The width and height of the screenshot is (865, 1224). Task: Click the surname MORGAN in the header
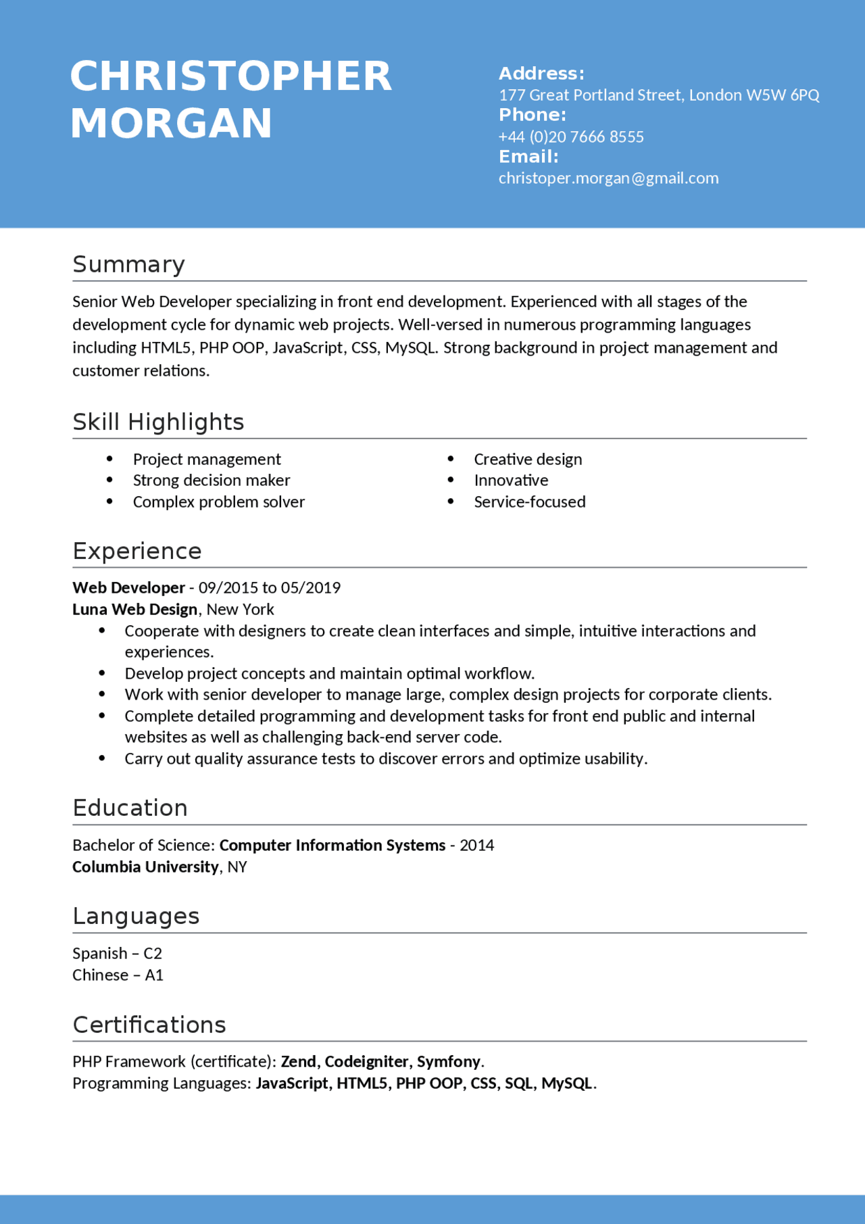pyautogui.click(x=171, y=124)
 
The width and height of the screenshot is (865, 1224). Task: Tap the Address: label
pyautogui.click(x=541, y=74)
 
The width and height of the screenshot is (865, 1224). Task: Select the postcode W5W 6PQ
pyautogui.click(x=783, y=95)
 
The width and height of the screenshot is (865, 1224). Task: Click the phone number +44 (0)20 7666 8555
pyautogui.click(x=571, y=137)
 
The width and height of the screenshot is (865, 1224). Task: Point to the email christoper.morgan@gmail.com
pyautogui.click(x=608, y=178)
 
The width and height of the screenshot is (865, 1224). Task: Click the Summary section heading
pyautogui.click(x=128, y=264)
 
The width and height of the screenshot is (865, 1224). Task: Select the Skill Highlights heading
pyautogui.click(x=158, y=422)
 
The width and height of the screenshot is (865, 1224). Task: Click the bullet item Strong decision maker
pyautogui.click(x=211, y=481)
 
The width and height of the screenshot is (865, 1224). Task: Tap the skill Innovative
pyautogui.click(x=511, y=481)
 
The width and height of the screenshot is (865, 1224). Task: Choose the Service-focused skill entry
pyautogui.click(x=529, y=502)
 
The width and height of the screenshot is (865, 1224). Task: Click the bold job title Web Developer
pyautogui.click(x=128, y=588)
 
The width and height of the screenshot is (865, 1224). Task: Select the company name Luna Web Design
pyautogui.click(x=134, y=610)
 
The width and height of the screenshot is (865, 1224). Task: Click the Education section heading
pyautogui.click(x=130, y=808)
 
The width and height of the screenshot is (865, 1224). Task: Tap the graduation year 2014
pyautogui.click(x=476, y=846)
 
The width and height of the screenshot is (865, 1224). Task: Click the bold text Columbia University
pyautogui.click(x=145, y=867)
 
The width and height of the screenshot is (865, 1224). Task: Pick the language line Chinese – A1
pyautogui.click(x=118, y=975)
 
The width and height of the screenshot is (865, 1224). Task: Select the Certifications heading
pyautogui.click(x=149, y=1025)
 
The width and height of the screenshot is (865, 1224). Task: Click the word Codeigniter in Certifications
pyautogui.click(x=366, y=1062)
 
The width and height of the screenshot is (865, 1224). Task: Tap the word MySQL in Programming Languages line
pyautogui.click(x=566, y=1083)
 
